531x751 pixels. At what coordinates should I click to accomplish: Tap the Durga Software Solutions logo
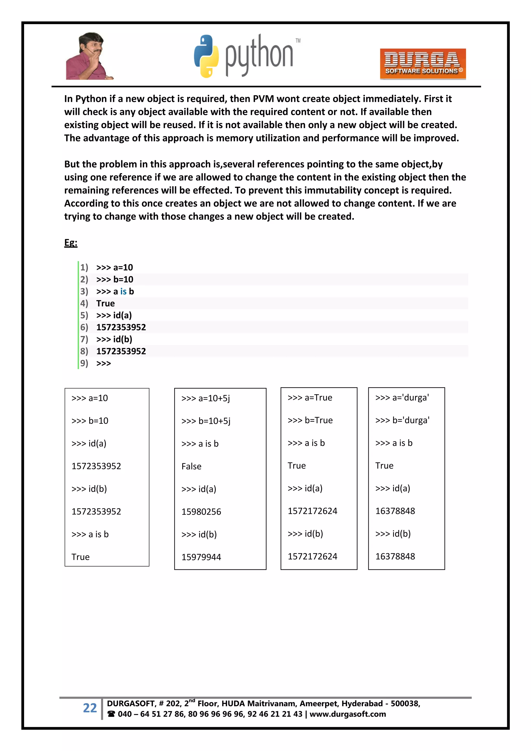pos(423,64)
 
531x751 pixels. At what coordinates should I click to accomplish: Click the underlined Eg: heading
pos(71,243)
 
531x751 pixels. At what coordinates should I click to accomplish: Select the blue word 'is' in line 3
pos(123,291)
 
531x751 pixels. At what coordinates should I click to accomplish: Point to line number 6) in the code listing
pos(84,327)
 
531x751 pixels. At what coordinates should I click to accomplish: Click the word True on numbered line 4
pos(105,304)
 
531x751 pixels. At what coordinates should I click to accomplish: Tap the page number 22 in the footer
pos(90,708)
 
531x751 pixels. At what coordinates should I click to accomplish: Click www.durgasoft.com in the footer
pos(348,714)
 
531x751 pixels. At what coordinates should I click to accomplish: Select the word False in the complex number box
pos(191,466)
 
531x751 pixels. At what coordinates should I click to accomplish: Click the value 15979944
pos(201,557)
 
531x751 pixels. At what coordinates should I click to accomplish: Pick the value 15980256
pos(201,512)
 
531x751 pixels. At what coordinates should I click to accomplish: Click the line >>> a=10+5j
pos(206,398)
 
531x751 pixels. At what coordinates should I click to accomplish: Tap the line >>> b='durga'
pos(402,420)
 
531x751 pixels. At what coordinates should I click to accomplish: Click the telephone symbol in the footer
pos(111,714)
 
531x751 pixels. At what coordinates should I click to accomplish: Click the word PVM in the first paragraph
pos(263,99)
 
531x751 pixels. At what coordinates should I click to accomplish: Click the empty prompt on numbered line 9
pos(103,363)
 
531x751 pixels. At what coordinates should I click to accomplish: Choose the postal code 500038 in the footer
pos(405,704)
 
